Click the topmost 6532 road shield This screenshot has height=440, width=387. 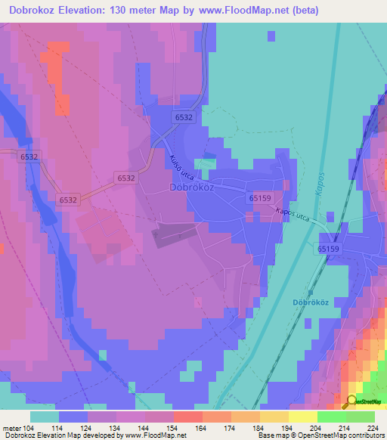[x=184, y=118]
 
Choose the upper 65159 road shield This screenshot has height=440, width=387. [x=259, y=197]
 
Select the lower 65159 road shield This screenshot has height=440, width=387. [x=329, y=249]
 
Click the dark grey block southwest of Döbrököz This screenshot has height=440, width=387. [x=178, y=234]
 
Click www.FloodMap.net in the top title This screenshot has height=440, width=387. [x=234, y=11]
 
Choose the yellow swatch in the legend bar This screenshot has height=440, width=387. [x=302, y=417]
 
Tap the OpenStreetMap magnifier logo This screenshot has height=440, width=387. [x=351, y=401]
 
